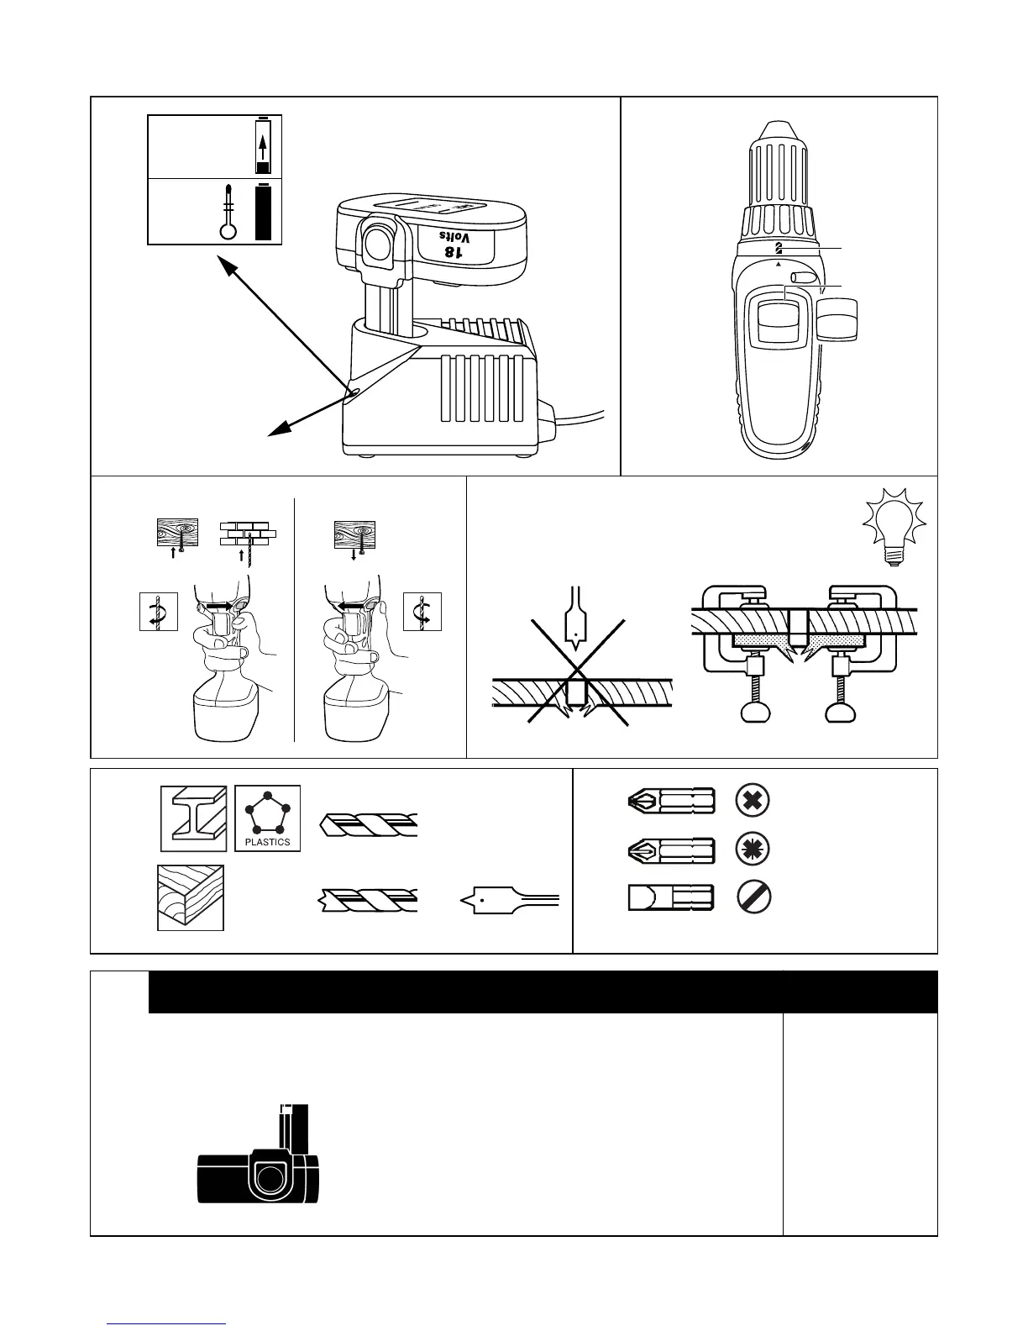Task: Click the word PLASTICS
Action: point(268,841)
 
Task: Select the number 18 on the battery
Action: point(453,251)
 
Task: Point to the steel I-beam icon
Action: point(194,818)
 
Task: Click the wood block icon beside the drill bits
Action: point(191,897)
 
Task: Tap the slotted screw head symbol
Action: point(753,897)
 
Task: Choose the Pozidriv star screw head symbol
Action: point(753,849)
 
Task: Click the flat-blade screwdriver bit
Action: point(671,897)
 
